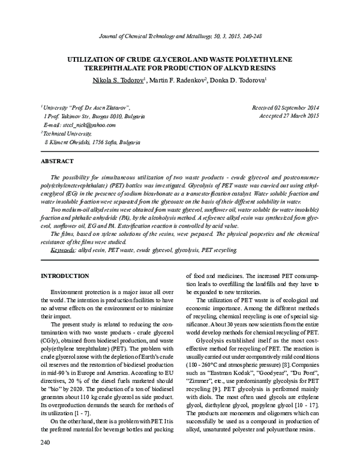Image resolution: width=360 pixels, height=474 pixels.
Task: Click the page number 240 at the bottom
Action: (44, 460)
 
